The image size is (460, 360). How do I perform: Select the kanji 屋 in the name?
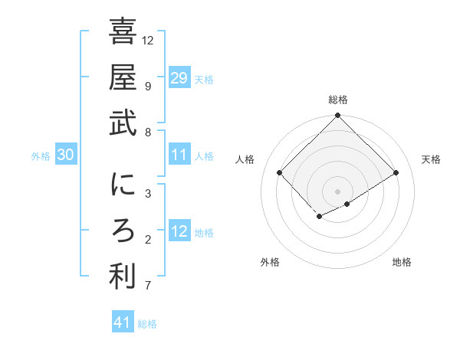(x=123, y=78)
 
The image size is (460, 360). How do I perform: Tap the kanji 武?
(x=123, y=123)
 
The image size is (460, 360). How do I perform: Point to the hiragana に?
(x=123, y=186)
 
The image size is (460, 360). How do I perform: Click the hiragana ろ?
(x=123, y=232)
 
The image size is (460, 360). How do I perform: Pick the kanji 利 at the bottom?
(x=123, y=277)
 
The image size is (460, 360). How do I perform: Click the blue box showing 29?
(x=179, y=78)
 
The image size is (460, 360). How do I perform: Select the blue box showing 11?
(x=179, y=155)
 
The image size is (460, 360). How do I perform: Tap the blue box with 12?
(x=179, y=232)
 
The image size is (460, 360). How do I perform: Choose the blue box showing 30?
(x=65, y=155)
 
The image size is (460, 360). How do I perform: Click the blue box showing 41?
(x=123, y=322)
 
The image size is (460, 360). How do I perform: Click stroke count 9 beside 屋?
(x=147, y=85)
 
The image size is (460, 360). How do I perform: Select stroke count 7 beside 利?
(x=147, y=286)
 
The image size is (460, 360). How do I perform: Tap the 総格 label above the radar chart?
(x=337, y=100)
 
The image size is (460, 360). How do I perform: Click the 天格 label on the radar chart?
(x=431, y=159)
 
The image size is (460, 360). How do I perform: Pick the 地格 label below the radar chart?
(x=402, y=262)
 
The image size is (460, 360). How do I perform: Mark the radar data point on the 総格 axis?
(x=337, y=116)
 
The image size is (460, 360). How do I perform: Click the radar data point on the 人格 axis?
(x=280, y=172)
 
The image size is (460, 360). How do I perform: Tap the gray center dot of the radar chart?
(x=337, y=191)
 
